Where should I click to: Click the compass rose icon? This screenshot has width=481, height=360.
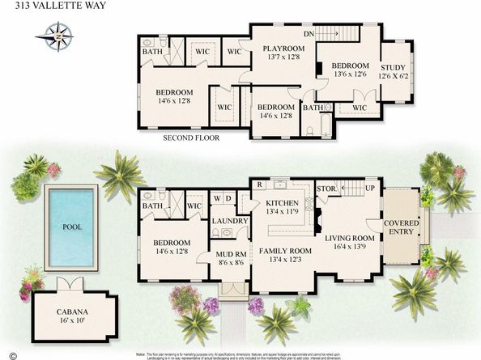tap(57, 36)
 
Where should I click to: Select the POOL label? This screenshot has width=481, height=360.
tap(71, 227)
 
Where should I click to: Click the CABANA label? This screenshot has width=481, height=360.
tap(72, 311)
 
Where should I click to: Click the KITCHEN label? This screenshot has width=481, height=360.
tap(283, 203)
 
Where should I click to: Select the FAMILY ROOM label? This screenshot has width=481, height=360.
tap(283, 250)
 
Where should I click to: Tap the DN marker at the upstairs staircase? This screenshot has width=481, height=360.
tap(308, 35)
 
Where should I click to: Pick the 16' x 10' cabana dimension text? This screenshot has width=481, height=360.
tap(72, 321)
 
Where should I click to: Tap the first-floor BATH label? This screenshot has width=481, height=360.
tap(152, 205)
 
